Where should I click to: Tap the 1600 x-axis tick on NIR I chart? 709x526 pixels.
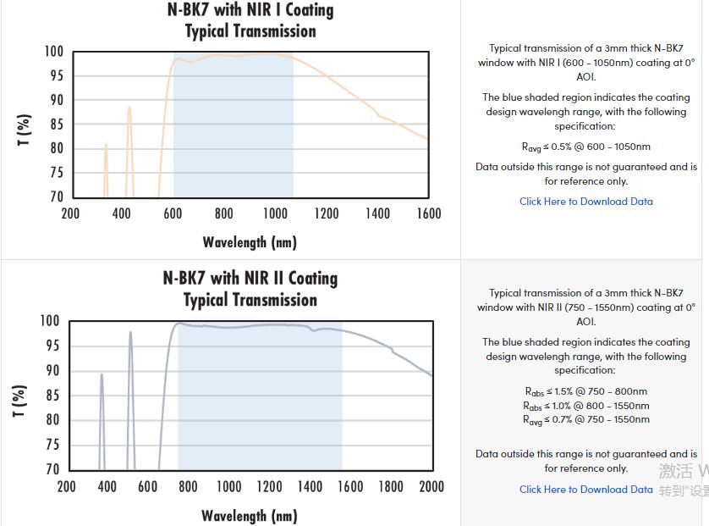coord(429,213)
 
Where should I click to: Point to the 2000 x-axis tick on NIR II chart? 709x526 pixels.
coord(431,486)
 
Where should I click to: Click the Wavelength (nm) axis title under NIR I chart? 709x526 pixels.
coord(250,243)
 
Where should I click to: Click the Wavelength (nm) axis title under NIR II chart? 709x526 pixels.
coord(249,516)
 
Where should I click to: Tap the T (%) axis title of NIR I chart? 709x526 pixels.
coord(25,130)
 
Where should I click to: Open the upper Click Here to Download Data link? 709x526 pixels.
coord(586,202)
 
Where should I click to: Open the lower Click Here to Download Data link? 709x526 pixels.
coord(586,490)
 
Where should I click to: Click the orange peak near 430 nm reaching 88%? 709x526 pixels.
coord(129,108)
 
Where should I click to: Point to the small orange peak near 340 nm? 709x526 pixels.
coord(106,146)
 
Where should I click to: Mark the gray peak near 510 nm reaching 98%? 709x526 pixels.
coord(130,333)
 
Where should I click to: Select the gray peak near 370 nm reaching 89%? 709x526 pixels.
coord(102,374)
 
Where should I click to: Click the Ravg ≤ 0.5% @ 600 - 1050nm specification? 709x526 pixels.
coord(586,147)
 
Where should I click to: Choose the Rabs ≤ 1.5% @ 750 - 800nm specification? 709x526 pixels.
coord(586,391)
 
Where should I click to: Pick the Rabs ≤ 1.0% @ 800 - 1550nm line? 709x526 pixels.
coord(586,406)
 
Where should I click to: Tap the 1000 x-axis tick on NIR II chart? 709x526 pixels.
coord(228,486)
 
